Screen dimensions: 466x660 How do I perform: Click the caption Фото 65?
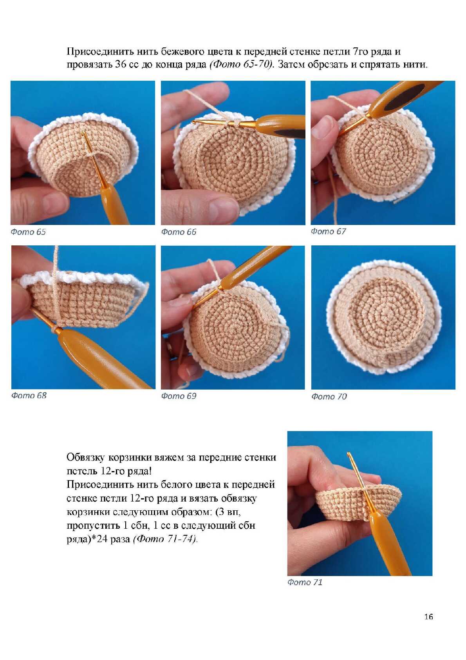click(28, 232)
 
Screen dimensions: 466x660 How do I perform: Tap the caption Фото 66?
click(179, 232)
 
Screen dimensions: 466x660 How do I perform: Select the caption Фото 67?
click(328, 231)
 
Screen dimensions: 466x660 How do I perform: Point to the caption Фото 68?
click(29, 395)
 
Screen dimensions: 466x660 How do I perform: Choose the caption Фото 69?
click(179, 396)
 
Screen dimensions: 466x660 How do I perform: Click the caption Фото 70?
click(329, 396)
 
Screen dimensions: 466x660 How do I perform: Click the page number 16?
click(428, 616)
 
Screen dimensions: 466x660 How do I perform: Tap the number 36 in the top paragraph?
click(121, 65)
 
